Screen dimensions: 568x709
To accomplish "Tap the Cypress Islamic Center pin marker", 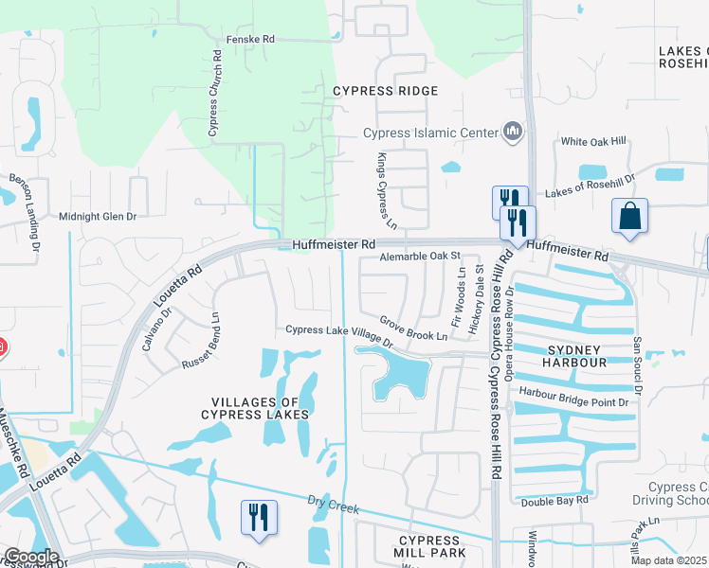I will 513,131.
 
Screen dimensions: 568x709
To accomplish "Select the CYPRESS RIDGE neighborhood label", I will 385,91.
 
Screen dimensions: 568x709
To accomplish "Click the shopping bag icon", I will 629,215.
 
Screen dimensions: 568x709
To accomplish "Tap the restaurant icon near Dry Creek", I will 259,517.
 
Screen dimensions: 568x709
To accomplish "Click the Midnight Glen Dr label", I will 98,217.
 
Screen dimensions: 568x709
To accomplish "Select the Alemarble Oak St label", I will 419,257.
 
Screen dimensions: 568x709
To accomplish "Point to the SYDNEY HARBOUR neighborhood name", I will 575,356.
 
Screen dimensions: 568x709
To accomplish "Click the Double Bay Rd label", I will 554,499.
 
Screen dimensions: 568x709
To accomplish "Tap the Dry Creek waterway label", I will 335,508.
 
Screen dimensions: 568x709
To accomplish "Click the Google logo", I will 30,557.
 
